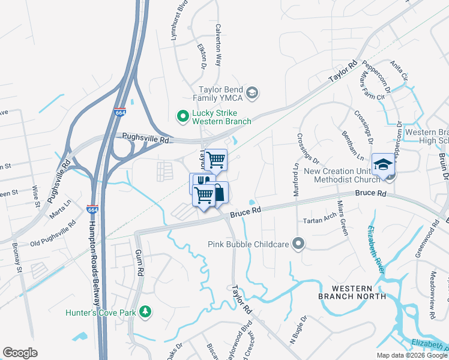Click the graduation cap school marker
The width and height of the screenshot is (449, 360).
382,164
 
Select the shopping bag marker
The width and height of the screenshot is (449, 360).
218,193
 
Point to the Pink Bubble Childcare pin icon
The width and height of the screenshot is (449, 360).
298,244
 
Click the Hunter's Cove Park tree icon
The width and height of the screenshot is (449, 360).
144,311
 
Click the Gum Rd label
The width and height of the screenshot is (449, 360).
139,263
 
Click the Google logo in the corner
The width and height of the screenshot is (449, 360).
20,353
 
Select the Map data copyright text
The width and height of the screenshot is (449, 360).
411,355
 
